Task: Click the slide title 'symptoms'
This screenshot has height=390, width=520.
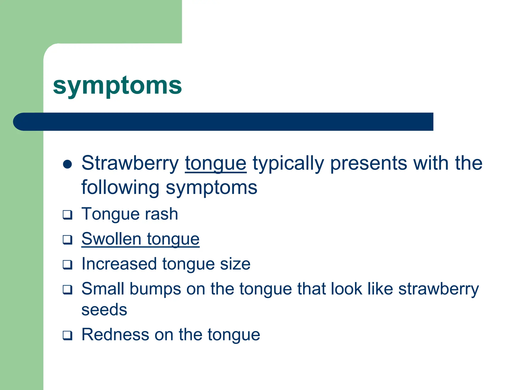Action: click(117, 86)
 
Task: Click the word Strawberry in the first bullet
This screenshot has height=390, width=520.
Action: click(130, 163)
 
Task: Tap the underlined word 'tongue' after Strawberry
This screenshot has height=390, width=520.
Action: click(216, 164)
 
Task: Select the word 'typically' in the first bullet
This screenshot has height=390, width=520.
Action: click(288, 164)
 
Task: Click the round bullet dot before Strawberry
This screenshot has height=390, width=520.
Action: click(68, 164)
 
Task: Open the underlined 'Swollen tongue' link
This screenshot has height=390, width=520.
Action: click(140, 239)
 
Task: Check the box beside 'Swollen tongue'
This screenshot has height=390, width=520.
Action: click(68, 240)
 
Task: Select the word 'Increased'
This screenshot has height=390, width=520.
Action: click(119, 264)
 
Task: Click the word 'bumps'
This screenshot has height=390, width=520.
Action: click(155, 289)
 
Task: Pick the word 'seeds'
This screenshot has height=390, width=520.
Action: click(104, 310)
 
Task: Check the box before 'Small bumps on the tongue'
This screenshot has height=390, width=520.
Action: click(68, 290)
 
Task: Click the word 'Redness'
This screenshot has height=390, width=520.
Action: click(115, 334)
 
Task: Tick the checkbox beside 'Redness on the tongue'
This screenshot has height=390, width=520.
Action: click(68, 335)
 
